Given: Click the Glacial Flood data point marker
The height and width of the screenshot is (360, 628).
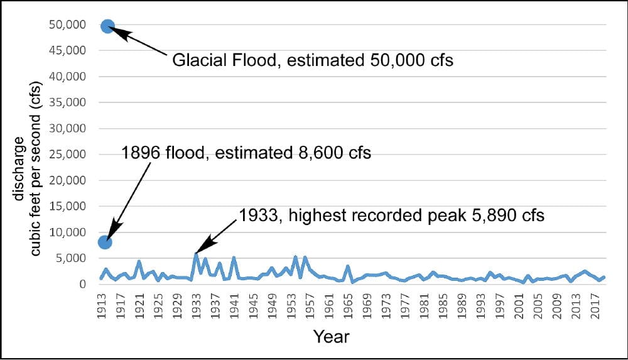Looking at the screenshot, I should coord(107,26).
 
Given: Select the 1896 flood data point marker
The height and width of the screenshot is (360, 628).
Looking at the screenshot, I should coord(105,242).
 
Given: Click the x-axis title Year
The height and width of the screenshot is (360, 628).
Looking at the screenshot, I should coord(331,336).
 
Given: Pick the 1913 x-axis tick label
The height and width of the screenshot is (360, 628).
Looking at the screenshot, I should coord(100,305).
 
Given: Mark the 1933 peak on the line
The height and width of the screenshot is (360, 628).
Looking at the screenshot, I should coord(196,253).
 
